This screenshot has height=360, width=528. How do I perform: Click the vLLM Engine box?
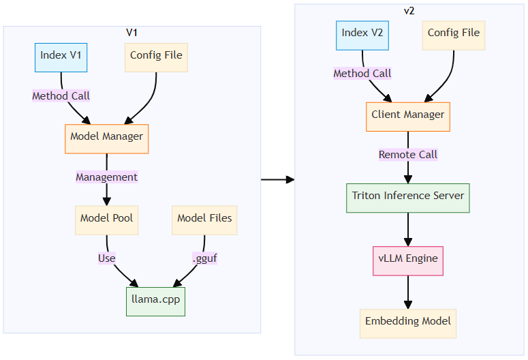click(408, 260)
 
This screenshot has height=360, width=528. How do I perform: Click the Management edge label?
click(106, 177)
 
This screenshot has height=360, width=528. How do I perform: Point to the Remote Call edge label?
click(408, 155)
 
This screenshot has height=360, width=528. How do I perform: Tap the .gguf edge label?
click(204, 258)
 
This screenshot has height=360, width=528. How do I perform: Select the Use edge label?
click(106, 258)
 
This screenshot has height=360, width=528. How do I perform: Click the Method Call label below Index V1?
click(61, 96)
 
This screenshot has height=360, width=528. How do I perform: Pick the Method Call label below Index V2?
click(362, 74)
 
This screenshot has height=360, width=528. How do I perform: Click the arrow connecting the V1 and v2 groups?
click(277, 180)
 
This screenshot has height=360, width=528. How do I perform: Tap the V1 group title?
click(132, 33)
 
